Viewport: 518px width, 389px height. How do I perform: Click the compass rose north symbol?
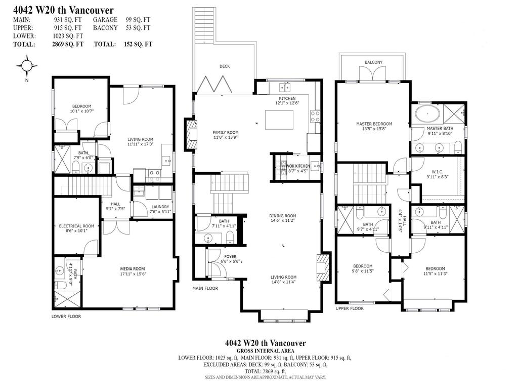(27, 66)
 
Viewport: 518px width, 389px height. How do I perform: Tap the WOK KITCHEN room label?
(298, 166)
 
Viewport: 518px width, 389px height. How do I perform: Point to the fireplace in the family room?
(190, 134)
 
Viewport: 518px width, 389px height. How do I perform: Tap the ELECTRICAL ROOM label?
(76, 226)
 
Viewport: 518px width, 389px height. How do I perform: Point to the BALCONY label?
(373, 62)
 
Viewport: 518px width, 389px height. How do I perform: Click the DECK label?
(225, 66)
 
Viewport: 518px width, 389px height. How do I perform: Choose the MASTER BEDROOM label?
(374, 124)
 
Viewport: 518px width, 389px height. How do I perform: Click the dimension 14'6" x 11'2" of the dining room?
(283, 221)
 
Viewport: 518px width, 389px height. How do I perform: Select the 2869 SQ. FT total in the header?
(68, 44)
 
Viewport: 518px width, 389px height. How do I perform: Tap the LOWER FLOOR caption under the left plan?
(66, 316)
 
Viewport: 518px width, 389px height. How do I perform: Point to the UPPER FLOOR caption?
(350, 308)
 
